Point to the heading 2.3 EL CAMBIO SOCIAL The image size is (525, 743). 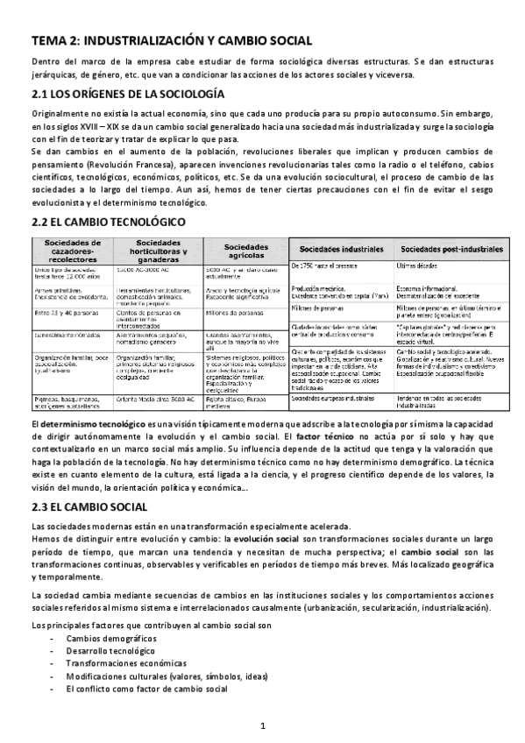point(95,506)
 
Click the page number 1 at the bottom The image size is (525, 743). point(262,726)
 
